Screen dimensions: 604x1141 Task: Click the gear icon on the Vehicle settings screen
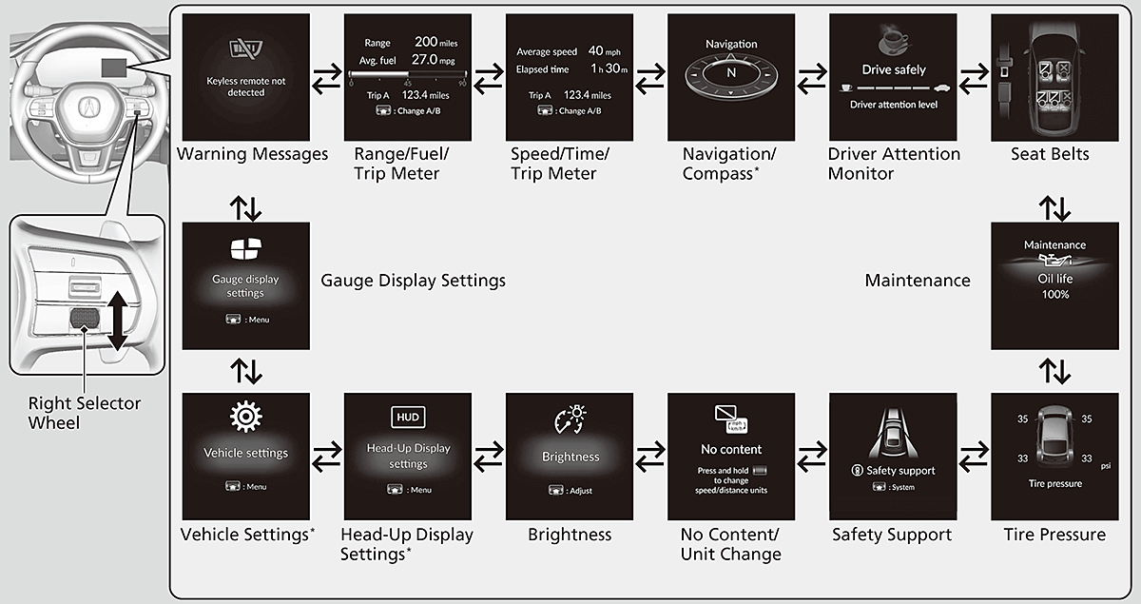pyautogui.click(x=246, y=416)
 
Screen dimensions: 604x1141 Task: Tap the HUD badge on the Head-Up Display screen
pyautogui.click(x=408, y=417)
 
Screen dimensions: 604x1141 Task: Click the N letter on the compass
pyautogui.click(x=731, y=72)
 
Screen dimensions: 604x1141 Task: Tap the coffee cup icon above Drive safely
pyautogui.click(x=892, y=39)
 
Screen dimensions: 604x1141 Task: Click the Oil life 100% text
pyautogui.click(x=1054, y=285)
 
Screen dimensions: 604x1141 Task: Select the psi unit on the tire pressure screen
pyautogui.click(x=1105, y=466)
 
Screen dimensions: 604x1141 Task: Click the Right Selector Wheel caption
pyautogui.click(x=84, y=413)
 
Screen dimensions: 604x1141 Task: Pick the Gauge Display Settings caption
pyautogui.click(x=413, y=281)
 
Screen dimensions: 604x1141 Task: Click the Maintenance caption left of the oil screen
pyautogui.click(x=918, y=281)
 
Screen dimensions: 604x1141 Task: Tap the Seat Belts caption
pyautogui.click(x=1051, y=154)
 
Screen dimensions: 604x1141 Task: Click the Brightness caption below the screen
pyautogui.click(x=570, y=535)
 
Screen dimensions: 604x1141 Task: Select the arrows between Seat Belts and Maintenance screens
pyautogui.click(x=1054, y=208)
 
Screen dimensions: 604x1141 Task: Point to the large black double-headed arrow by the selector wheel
pyautogui.click(x=116, y=320)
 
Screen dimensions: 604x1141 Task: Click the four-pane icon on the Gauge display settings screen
pyautogui.click(x=245, y=250)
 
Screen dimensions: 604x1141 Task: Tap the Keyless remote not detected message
pyautogui.click(x=246, y=87)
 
